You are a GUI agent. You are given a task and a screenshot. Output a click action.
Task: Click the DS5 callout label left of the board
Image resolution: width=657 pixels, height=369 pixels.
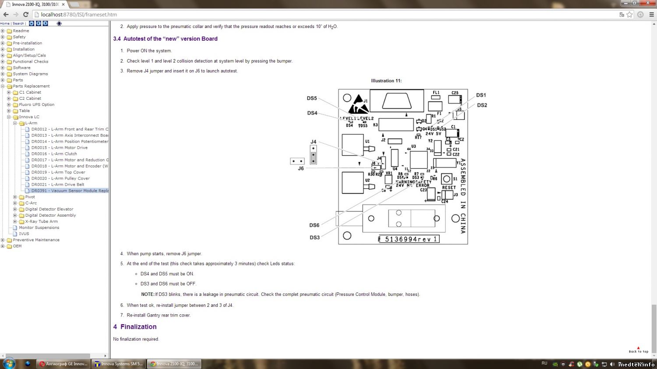click(311, 98)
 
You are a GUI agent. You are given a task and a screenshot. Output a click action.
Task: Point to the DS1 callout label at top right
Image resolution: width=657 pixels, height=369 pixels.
click(481, 95)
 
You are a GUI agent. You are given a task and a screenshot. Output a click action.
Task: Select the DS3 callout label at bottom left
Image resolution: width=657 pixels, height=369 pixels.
click(314, 238)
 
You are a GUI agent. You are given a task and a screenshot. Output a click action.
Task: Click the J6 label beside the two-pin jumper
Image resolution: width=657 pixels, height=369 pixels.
click(301, 169)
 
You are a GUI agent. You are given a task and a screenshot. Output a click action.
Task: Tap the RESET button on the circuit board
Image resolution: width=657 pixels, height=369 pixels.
click(447, 179)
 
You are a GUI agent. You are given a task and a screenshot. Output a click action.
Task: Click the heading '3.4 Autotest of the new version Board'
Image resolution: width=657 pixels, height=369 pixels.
click(165, 39)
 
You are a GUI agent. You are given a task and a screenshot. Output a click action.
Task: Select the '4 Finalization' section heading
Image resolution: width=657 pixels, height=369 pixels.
click(135, 327)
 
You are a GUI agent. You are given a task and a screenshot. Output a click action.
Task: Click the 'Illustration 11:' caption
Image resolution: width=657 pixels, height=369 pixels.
click(386, 81)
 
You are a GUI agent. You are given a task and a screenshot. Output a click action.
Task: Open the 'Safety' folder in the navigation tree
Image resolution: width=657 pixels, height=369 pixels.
click(19, 37)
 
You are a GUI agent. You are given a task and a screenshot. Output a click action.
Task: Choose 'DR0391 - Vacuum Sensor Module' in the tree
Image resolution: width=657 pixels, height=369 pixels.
click(70, 191)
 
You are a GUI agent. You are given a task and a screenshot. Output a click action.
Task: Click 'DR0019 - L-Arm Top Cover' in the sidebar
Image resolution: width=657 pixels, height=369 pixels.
click(58, 172)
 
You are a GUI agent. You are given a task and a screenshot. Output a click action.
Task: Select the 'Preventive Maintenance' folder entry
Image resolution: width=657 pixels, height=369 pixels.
click(36, 240)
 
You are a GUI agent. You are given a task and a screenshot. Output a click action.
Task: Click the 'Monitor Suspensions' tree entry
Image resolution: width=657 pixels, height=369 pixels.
click(39, 228)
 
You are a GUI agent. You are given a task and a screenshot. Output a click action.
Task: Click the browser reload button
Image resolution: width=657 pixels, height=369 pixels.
click(26, 14)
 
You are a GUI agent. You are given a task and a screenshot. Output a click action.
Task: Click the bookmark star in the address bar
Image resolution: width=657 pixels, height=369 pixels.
click(629, 14)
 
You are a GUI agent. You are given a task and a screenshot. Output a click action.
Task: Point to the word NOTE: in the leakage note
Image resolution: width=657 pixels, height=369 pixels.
click(148, 295)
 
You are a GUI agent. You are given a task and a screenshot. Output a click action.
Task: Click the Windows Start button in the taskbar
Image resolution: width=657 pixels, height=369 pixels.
click(9, 363)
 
